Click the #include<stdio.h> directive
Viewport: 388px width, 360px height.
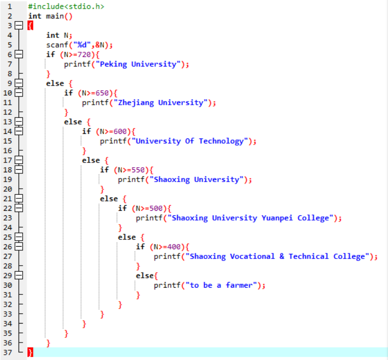coord(66,6)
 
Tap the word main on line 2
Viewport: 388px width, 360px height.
coord(55,16)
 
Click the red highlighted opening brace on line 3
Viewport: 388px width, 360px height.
coord(30,26)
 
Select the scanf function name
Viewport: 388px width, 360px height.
coord(57,45)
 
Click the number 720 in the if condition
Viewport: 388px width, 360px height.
coord(84,54)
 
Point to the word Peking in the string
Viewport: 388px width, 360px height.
coord(113,64)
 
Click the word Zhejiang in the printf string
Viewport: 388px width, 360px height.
coord(136,103)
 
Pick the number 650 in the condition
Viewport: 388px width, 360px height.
coord(102,93)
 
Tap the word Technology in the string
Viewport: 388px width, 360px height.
coord(221,141)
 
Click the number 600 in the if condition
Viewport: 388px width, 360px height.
coord(120,131)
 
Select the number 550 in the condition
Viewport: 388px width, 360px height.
coord(138,170)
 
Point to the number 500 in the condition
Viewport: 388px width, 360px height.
coord(156,208)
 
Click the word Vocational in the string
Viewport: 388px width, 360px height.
coord(253,256)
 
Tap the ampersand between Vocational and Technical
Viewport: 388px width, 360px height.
coord(282,256)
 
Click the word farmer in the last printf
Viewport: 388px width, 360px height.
coord(239,285)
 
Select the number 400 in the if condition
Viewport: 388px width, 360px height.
coord(174,247)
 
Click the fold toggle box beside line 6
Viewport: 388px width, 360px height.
coord(19,54)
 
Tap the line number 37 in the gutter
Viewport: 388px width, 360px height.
coord(8,352)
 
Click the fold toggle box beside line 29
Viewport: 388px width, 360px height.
coord(19,275)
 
